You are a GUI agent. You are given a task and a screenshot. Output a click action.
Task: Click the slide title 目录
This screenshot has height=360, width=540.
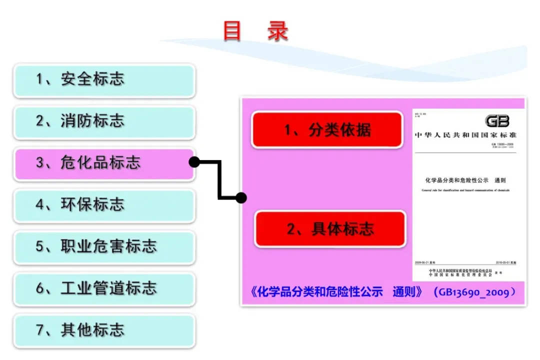(x=255, y=31)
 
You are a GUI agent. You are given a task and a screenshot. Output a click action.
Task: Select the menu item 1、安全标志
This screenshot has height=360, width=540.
(x=104, y=80)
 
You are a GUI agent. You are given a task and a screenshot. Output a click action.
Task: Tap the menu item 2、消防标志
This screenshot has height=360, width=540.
(x=104, y=121)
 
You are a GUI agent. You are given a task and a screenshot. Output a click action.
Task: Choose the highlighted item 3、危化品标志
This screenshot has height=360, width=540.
(x=104, y=163)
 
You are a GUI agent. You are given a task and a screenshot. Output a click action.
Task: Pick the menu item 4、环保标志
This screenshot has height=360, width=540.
(x=104, y=205)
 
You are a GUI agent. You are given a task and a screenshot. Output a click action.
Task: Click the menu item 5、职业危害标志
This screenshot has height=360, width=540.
(x=104, y=247)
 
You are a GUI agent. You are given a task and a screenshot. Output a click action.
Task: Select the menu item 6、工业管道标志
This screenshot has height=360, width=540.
(x=104, y=288)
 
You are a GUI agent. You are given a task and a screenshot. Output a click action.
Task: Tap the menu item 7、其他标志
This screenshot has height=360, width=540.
(x=104, y=330)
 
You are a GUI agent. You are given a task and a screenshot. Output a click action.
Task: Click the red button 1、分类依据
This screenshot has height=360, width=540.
(x=327, y=130)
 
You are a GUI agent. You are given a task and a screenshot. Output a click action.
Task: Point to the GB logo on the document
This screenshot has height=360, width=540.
(x=497, y=121)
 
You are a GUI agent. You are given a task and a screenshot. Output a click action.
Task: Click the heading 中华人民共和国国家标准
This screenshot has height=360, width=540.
(x=465, y=135)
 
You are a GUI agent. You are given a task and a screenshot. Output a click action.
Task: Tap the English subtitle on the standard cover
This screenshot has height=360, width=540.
(x=465, y=190)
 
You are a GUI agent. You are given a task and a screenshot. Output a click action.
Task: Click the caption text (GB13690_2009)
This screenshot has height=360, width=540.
(x=474, y=292)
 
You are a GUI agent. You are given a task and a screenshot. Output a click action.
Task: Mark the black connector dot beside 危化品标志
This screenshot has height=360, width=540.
(x=194, y=162)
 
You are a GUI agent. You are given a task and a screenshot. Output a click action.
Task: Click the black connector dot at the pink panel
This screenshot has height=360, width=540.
(x=241, y=198)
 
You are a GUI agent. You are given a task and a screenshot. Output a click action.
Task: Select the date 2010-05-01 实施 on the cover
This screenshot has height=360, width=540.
(x=505, y=262)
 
